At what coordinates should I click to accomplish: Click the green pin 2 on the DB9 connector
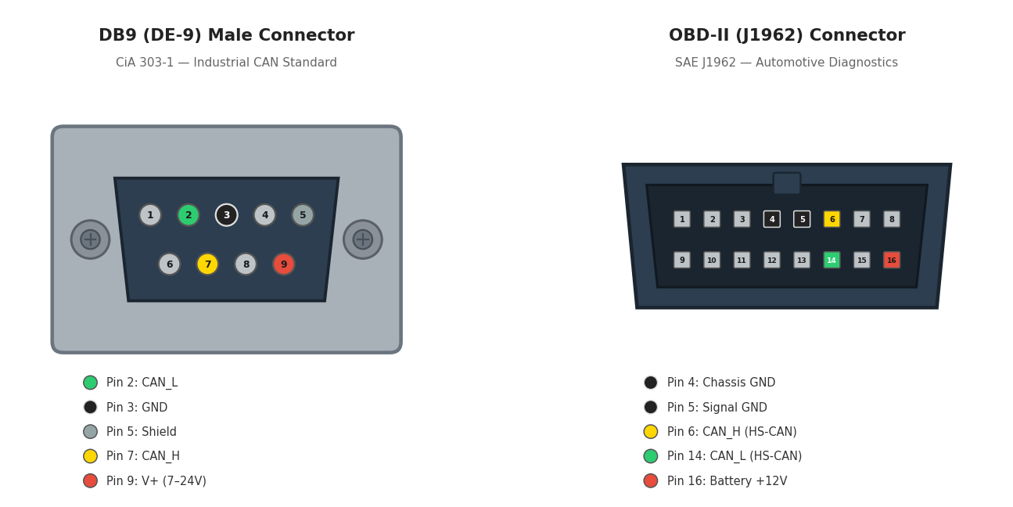(189, 215)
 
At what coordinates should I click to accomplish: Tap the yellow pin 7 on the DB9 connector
(207, 264)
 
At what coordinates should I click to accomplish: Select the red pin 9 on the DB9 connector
(284, 264)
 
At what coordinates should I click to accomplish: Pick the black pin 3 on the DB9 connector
(227, 215)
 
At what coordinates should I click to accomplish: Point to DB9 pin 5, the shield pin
(303, 215)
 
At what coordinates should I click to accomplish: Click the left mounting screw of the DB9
(90, 239)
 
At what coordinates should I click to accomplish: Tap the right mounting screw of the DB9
(363, 239)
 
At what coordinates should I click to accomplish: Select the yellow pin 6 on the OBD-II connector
(832, 219)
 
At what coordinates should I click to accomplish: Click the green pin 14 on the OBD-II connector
(832, 260)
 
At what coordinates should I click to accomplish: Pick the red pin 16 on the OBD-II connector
(892, 260)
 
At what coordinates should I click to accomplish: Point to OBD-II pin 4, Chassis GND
(772, 219)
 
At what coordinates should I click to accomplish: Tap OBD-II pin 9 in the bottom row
(682, 260)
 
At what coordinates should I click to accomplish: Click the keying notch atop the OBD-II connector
(787, 183)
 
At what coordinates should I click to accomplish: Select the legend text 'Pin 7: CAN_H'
(143, 456)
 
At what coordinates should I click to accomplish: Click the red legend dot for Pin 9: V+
(91, 480)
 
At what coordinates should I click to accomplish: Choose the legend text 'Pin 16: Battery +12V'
(727, 481)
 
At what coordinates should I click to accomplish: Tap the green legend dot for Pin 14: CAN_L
(651, 456)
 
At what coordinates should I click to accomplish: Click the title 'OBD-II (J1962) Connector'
(787, 36)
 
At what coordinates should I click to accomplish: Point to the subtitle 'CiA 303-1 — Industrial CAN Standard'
(226, 63)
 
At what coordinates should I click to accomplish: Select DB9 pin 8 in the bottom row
(246, 264)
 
